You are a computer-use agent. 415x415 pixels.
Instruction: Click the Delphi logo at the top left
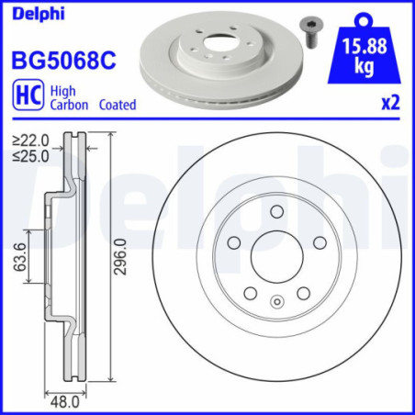(x=32, y=13)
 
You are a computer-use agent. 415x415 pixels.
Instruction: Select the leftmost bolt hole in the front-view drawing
(x=234, y=243)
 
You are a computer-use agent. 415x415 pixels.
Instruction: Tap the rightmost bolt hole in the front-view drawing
(x=320, y=243)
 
